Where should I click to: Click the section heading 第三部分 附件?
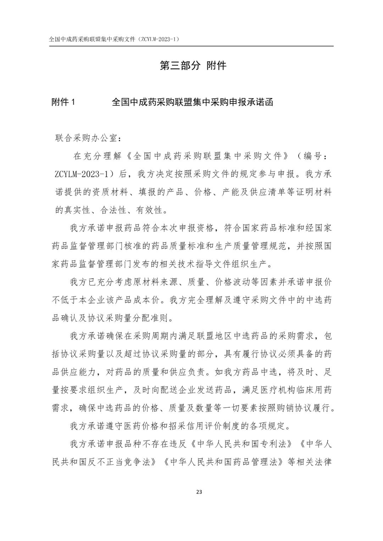(x=193, y=66)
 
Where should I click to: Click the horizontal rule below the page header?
(x=191, y=46)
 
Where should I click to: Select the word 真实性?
(x=77, y=210)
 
